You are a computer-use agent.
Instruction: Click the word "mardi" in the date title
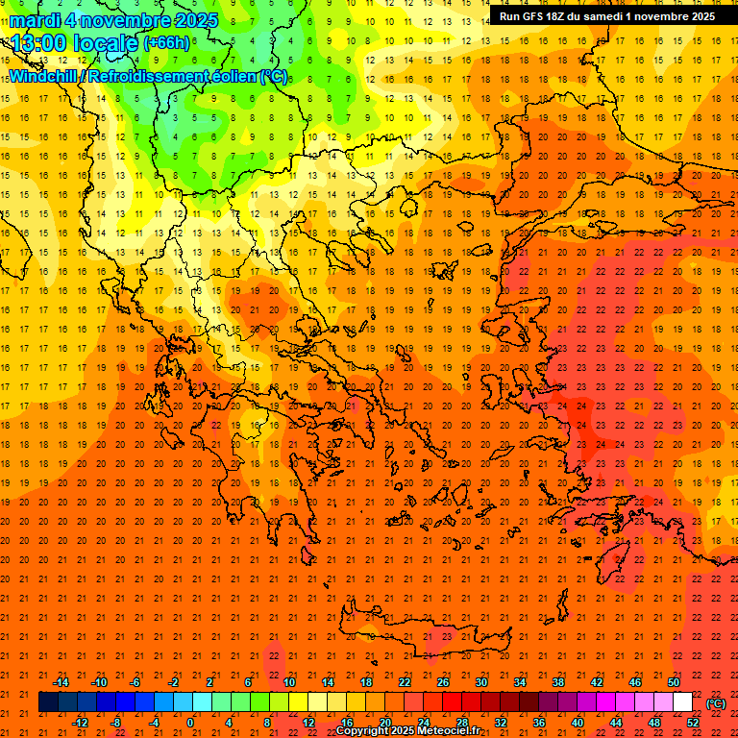click(x=35, y=20)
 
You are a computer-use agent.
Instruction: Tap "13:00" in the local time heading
click(x=40, y=43)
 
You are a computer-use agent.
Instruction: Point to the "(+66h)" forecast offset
click(x=166, y=43)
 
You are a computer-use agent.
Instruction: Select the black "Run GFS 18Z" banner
click(x=606, y=16)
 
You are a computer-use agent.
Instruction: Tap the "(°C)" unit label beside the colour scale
click(x=716, y=703)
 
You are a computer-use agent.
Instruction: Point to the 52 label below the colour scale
click(x=693, y=722)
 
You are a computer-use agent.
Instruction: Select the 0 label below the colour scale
click(x=191, y=722)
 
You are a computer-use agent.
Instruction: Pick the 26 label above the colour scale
click(x=443, y=682)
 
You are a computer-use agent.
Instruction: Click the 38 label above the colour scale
click(x=558, y=682)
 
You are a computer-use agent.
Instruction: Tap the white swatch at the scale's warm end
click(x=682, y=702)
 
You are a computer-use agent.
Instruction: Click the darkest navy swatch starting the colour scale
click(x=48, y=702)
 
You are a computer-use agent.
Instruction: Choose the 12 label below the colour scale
click(x=308, y=722)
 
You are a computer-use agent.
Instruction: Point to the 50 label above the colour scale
click(x=674, y=682)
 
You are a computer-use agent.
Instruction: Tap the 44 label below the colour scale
click(x=616, y=722)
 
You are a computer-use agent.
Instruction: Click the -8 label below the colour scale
click(x=116, y=722)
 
